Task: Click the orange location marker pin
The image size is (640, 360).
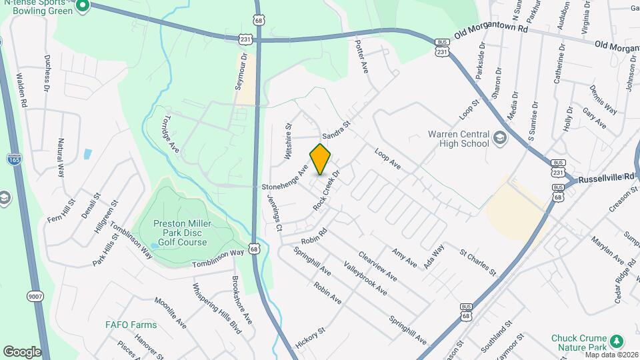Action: pyautogui.click(x=321, y=159)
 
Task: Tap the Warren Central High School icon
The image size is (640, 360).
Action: pyautogui.click(x=499, y=138)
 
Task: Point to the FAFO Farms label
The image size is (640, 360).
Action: pyautogui.click(x=131, y=325)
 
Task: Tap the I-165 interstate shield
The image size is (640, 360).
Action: pyautogui.click(x=13, y=159)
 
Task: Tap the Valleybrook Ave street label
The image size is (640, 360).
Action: pyautogui.click(x=365, y=277)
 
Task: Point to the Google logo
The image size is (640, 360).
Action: pyautogui.click(x=22, y=351)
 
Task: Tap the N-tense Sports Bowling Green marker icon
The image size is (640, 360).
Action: pyautogui.click(x=83, y=7)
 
